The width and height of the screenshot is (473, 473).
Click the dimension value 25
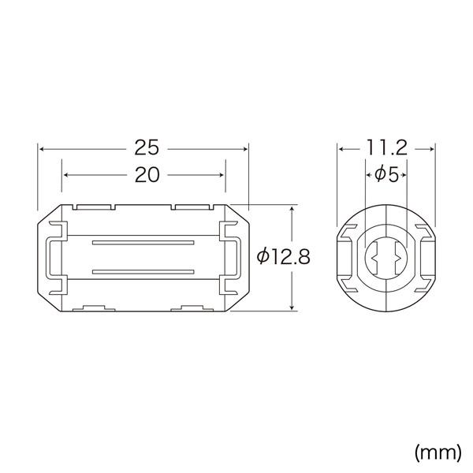click(144, 147)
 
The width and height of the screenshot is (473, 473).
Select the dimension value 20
click(144, 176)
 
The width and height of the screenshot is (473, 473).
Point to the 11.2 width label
click(386, 147)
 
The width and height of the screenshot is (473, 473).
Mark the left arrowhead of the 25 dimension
click(42, 147)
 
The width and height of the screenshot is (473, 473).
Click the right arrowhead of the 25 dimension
click(245, 147)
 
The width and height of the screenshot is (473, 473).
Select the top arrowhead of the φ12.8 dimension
click(293, 210)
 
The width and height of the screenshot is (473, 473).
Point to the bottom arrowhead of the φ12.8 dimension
click(293, 307)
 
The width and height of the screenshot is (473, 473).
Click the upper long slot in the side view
click(143, 243)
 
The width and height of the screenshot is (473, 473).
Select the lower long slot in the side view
click(143, 273)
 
